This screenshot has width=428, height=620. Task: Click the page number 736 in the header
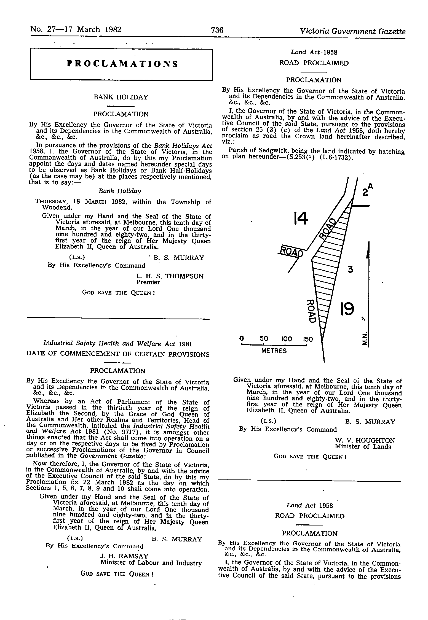217,30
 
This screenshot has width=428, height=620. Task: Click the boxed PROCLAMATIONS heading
122,64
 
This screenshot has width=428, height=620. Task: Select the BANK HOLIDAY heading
121,97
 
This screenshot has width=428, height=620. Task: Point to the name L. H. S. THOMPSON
170,276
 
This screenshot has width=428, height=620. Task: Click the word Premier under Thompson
148,282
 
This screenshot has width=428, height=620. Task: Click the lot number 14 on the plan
300,219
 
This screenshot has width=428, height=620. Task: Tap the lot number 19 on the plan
347,309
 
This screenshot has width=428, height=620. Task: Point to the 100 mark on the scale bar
287,339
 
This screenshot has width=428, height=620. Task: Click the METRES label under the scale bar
274,351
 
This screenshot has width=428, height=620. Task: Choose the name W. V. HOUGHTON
365,441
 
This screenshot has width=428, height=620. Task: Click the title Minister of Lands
363,447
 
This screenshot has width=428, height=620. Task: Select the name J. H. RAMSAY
124,556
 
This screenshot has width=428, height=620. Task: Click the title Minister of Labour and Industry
151,563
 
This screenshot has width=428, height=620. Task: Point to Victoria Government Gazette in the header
353,31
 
